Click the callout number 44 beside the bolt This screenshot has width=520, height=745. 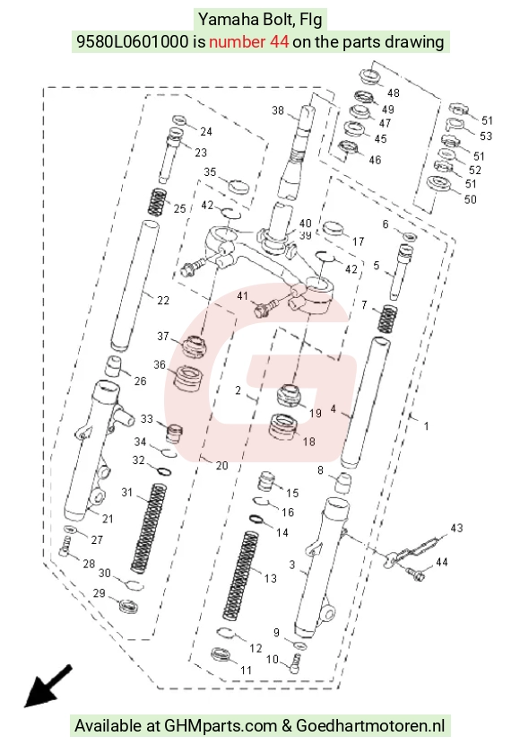pyautogui.click(x=442, y=562)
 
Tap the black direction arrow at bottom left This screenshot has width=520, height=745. pyautogui.click(x=48, y=686)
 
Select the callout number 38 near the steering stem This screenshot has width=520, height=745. pyautogui.click(x=278, y=110)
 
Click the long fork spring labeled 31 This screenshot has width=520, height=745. pyautogui.click(x=149, y=528)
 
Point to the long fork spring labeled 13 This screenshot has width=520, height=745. pyautogui.click(x=241, y=575)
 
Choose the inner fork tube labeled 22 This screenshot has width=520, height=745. pyautogui.click(x=134, y=285)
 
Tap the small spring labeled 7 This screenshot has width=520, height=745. pyautogui.click(x=387, y=319)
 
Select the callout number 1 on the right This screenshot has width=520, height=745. pyautogui.click(x=426, y=425)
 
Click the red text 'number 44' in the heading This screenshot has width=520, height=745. pyautogui.click(x=248, y=42)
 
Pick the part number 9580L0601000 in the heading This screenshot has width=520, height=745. pyautogui.click(x=133, y=42)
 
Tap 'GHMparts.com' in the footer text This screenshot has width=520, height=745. pyautogui.click(x=221, y=726)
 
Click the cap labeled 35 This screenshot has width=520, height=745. pyautogui.click(x=238, y=186)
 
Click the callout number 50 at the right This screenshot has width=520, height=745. pyautogui.click(x=470, y=199)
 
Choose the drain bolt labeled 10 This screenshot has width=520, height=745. pyautogui.click(x=295, y=662)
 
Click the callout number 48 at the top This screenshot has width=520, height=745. pyautogui.click(x=394, y=92)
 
